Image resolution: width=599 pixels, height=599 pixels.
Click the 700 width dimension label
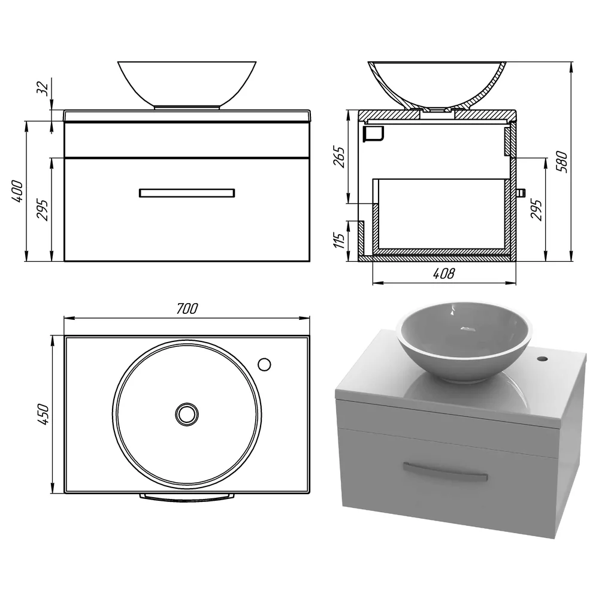187,308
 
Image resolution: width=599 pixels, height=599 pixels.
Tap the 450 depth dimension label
43,414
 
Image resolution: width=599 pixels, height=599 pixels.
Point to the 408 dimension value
444,273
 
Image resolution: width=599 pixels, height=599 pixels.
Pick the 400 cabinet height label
17,191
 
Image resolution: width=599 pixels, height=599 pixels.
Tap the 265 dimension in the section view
339,156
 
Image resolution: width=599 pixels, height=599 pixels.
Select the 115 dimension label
339,240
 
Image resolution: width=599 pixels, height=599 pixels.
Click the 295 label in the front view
43,210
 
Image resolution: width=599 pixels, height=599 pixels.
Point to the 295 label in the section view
536,210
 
